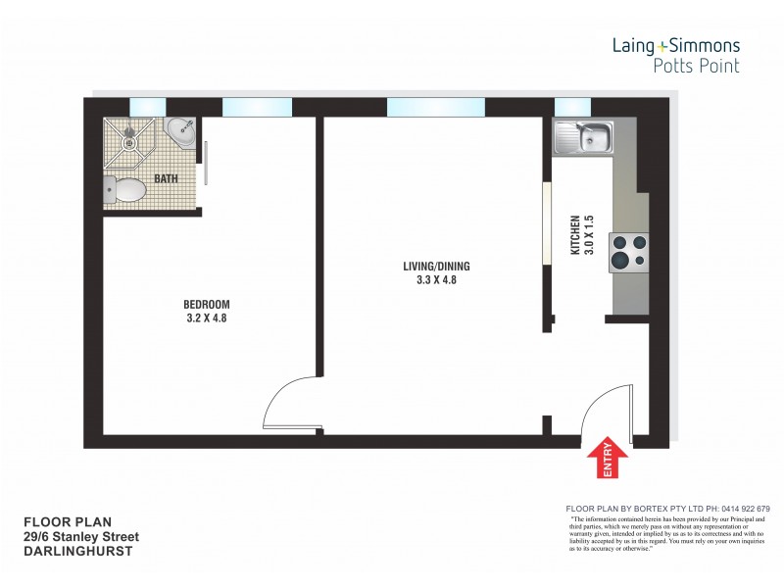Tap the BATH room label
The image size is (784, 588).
click(x=166, y=179)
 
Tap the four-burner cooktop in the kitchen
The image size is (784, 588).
click(x=629, y=251)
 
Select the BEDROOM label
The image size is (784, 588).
click(x=207, y=304)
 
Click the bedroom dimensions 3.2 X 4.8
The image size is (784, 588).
click(x=207, y=318)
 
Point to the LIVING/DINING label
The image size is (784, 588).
click(x=430, y=267)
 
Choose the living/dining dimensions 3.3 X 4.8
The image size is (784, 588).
click(x=430, y=280)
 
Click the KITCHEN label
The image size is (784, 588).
click(x=575, y=235)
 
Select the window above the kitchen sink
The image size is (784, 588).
click(x=571, y=107)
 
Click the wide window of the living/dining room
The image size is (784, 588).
click(x=435, y=107)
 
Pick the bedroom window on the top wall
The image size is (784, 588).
click(x=256, y=107)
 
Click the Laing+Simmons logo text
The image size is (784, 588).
click(x=675, y=45)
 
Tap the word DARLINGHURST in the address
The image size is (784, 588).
click(x=77, y=552)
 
